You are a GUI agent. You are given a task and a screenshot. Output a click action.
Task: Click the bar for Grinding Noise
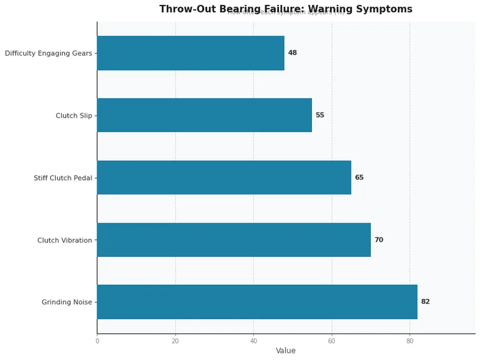(x=257, y=302)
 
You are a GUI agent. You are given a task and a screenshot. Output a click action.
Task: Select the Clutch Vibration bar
(x=234, y=239)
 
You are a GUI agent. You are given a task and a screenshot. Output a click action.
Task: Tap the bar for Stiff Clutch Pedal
(x=224, y=177)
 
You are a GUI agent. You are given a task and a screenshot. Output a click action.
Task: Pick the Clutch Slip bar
(x=204, y=115)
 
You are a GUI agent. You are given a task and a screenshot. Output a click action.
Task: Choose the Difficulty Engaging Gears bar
(x=190, y=53)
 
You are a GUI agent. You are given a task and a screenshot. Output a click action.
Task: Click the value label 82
(x=425, y=302)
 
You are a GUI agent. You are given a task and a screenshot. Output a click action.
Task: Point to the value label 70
(x=379, y=239)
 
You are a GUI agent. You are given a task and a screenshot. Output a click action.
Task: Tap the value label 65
(x=359, y=177)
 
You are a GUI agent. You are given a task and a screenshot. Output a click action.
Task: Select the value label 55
(x=320, y=115)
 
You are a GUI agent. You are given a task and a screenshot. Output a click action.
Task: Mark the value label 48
(x=292, y=53)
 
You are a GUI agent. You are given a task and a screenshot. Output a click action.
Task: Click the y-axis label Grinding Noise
(x=67, y=302)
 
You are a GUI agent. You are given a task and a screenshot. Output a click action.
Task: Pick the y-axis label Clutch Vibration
(x=65, y=240)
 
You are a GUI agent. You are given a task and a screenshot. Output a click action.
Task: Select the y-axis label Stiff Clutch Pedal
(x=63, y=178)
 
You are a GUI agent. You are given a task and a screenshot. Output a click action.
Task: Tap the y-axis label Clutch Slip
(x=74, y=115)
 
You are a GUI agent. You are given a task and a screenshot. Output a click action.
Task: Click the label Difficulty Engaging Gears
(x=49, y=53)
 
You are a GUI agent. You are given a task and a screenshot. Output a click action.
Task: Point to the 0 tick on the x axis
(x=97, y=341)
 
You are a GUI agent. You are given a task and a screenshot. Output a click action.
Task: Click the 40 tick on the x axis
(x=253, y=341)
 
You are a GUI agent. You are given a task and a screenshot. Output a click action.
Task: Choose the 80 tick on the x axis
(x=410, y=341)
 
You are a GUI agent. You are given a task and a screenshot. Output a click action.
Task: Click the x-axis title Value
(x=286, y=351)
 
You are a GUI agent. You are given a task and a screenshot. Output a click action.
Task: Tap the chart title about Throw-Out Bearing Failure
(x=286, y=9)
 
